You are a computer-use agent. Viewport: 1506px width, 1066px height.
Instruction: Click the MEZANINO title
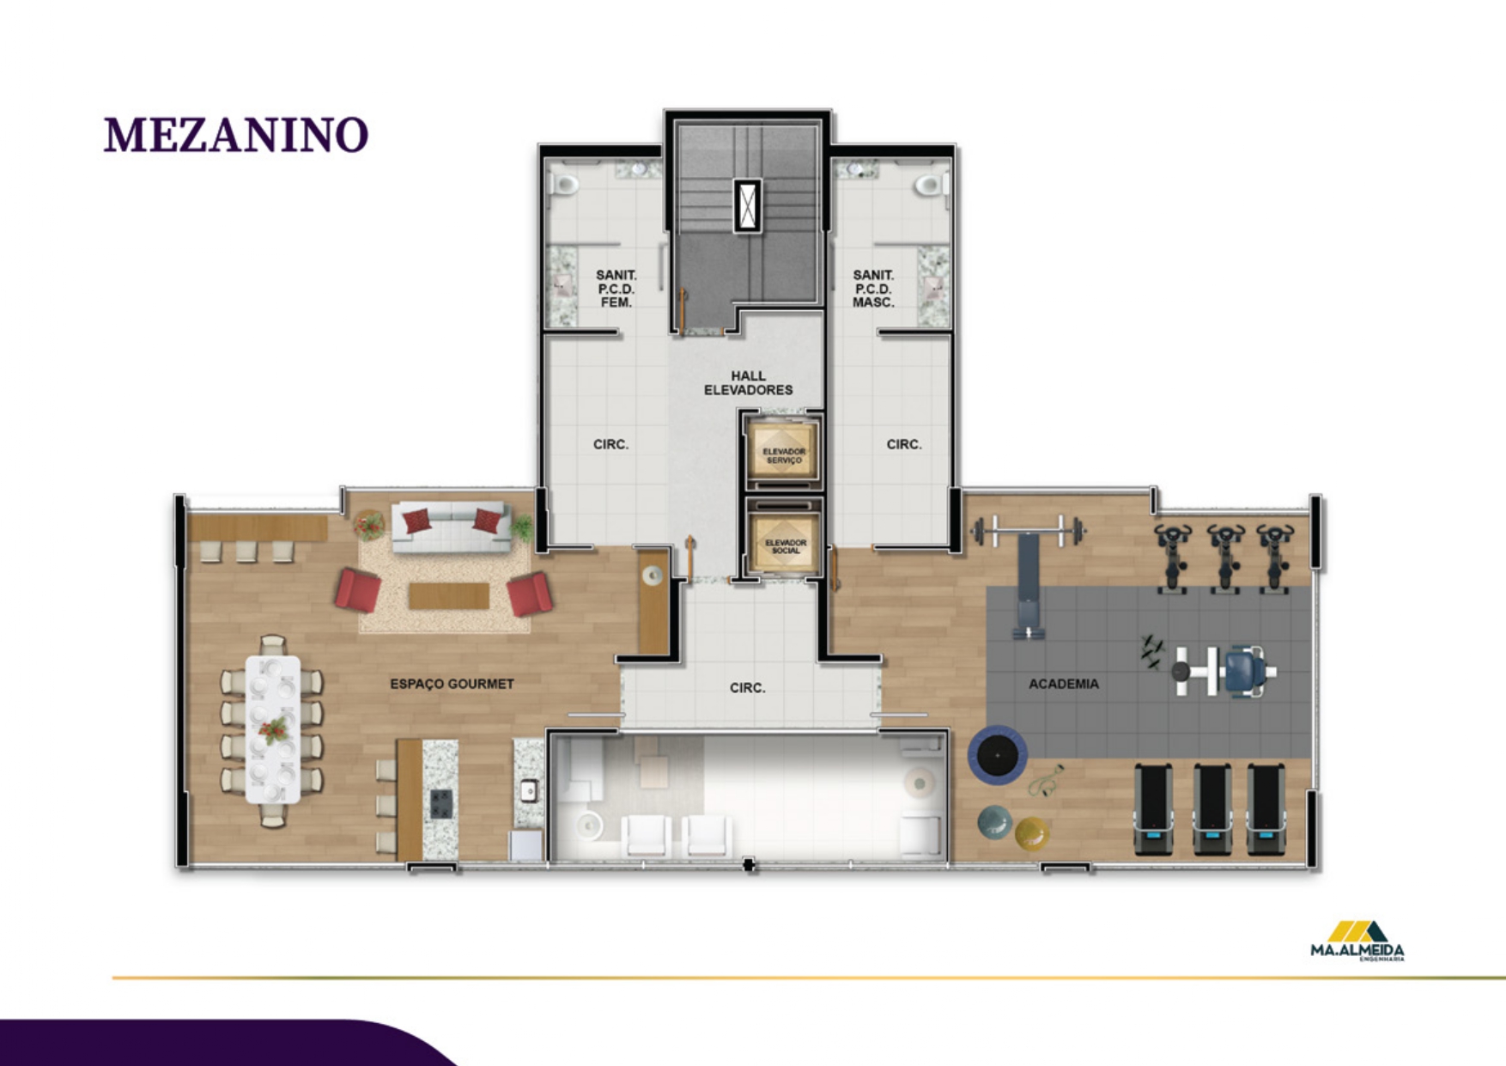coord(236,136)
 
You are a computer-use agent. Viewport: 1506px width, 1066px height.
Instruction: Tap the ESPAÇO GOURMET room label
coord(452,684)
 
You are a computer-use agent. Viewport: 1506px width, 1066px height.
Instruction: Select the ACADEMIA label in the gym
coord(1063,684)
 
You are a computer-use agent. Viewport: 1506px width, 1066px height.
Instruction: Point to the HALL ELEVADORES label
coord(748,383)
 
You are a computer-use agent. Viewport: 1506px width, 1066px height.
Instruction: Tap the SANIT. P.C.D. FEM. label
coord(616,289)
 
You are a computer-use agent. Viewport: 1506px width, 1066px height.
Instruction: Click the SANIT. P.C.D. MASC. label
coord(873,289)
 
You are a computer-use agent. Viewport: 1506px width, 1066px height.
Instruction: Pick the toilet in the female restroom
coord(565,184)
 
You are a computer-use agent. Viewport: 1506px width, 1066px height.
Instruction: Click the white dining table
coord(273,729)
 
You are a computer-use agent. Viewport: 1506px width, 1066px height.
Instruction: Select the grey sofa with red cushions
coord(452,524)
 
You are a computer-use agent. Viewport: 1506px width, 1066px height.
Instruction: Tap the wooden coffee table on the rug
coord(448,595)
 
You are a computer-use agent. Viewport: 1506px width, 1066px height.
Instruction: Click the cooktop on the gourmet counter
coord(440,803)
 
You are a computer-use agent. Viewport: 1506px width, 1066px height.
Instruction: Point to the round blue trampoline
coord(998,755)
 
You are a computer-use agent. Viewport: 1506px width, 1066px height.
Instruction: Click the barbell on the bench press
coord(1028,530)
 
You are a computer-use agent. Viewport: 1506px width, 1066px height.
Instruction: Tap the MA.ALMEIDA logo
coord(1357,941)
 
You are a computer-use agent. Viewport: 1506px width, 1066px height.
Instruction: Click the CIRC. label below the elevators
coord(747,688)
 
